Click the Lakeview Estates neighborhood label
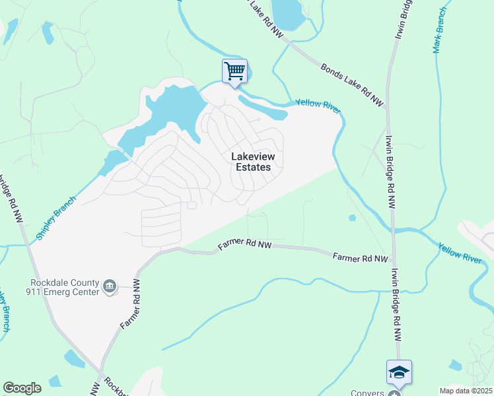point(251,162)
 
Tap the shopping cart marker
point(234,71)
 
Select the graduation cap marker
point(400,372)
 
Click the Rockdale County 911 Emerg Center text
point(63,286)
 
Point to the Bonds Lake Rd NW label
point(352,84)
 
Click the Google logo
point(22,388)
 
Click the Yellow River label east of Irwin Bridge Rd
point(460,253)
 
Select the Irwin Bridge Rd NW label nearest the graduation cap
point(396,304)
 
